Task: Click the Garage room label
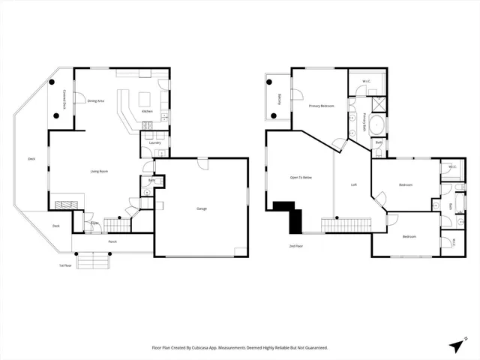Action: click(x=202, y=208)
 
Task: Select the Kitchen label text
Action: click(x=148, y=112)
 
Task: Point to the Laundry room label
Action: click(x=155, y=142)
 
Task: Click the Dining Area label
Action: click(x=96, y=100)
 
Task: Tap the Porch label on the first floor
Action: click(x=112, y=241)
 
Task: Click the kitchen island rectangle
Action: click(x=145, y=99)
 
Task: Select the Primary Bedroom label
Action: click(x=321, y=106)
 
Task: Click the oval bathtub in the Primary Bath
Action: click(x=378, y=124)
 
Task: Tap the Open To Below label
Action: click(x=301, y=178)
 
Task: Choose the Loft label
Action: click(x=354, y=184)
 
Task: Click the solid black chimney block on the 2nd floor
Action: click(x=289, y=214)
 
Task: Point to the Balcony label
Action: click(x=280, y=97)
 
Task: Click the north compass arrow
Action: click(x=455, y=344)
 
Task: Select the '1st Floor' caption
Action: click(x=67, y=265)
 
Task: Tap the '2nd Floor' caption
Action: click(x=296, y=246)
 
